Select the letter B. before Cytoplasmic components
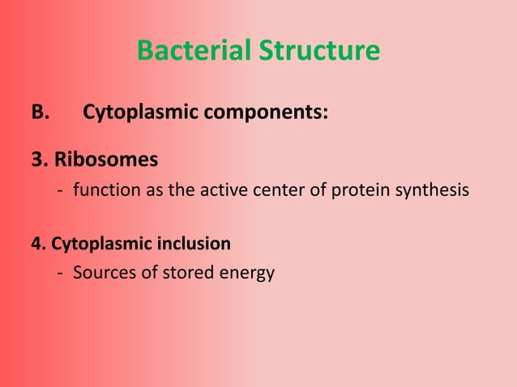pyautogui.click(x=41, y=113)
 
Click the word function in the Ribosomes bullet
pyautogui.click(x=103, y=191)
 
